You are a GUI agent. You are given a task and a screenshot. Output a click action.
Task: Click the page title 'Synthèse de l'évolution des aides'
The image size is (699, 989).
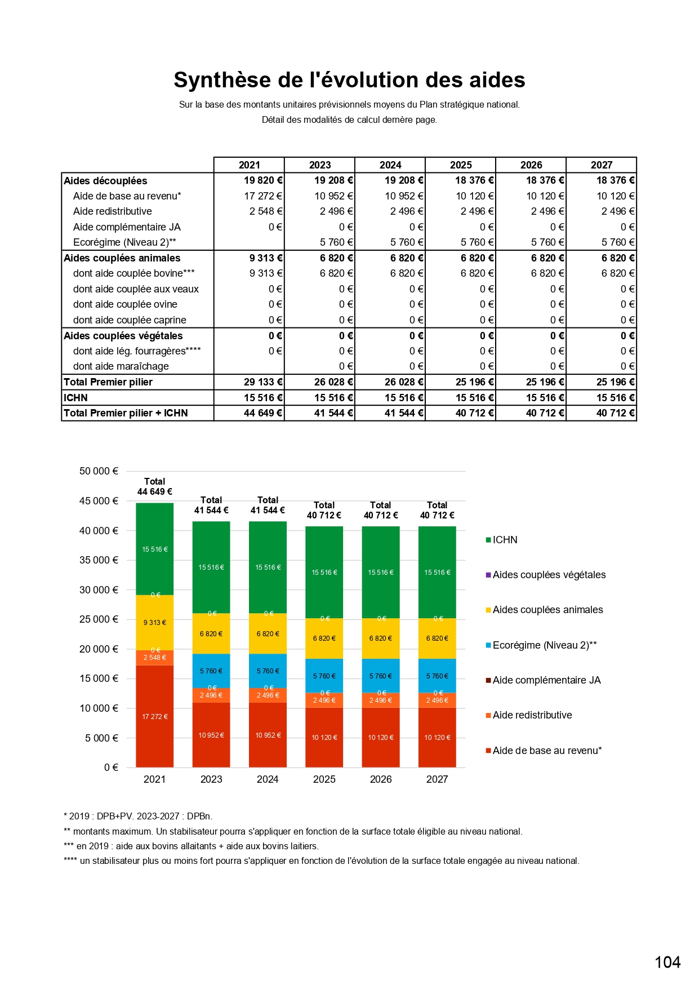pos(349,80)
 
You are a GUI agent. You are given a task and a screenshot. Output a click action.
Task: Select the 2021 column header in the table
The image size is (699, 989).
pos(249,165)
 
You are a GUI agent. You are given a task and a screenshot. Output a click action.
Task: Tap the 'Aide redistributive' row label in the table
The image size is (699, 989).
pos(113,211)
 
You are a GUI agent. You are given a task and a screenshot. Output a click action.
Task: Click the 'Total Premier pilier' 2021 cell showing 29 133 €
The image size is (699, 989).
pos(262,382)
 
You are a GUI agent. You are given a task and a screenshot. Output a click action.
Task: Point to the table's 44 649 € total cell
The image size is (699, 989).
pos(262,413)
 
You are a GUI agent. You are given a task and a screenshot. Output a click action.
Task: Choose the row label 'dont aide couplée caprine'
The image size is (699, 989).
pos(130,320)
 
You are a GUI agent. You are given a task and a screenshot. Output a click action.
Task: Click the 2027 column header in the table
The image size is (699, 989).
pos(601,165)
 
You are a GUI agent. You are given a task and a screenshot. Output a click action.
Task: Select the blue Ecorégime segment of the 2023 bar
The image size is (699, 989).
pos(211,671)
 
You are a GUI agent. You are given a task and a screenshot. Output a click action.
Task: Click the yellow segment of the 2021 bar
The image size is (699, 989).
pos(155,623)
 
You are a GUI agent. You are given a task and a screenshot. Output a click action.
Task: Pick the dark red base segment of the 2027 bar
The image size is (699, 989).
pos(437,737)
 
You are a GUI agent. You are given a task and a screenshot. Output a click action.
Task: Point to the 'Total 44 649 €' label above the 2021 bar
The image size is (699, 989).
pos(155,486)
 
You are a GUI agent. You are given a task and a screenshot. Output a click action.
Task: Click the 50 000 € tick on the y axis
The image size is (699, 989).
pos(99,471)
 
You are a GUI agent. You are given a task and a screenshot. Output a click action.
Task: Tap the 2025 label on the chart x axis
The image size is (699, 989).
pos(324,779)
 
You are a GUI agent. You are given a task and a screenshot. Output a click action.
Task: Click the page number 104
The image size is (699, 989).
pos(667,962)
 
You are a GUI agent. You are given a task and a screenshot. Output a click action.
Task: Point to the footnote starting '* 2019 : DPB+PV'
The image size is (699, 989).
pos(138,816)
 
